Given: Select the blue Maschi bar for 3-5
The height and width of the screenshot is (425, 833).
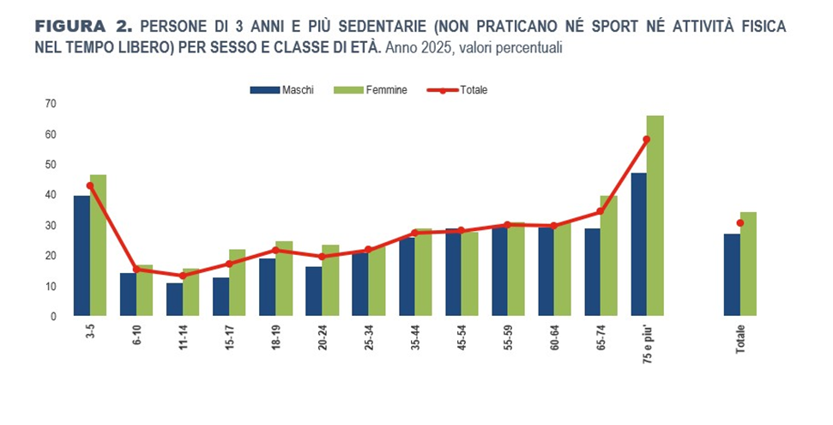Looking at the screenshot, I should [81, 256].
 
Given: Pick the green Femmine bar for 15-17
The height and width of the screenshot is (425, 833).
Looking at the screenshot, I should [238, 282].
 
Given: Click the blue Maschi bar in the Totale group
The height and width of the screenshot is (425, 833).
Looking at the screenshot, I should [732, 275].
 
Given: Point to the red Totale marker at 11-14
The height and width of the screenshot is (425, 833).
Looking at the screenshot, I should [182, 276].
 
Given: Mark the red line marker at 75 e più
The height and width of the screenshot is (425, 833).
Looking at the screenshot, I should [647, 139].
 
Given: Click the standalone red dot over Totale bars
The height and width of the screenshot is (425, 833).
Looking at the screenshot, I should [740, 223].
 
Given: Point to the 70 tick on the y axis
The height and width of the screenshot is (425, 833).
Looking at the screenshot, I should [51, 104].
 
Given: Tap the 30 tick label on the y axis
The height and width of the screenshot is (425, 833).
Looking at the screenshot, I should [51, 225].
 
